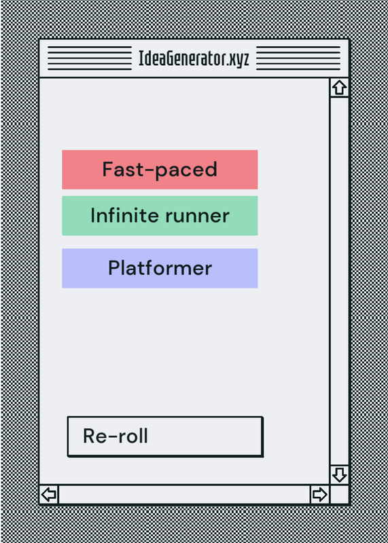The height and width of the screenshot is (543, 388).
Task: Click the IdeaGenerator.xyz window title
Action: [x=194, y=58]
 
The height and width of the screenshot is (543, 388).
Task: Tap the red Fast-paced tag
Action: [x=160, y=170]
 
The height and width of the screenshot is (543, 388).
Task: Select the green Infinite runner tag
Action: [x=160, y=216]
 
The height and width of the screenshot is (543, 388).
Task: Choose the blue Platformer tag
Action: [x=160, y=268]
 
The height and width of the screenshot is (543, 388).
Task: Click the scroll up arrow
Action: [x=339, y=88]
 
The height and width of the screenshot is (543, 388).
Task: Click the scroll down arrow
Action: [x=339, y=474]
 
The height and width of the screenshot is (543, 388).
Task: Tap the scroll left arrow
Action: [x=49, y=495]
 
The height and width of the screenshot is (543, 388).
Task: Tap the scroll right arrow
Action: [x=319, y=495]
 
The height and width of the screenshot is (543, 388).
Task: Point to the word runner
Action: [x=197, y=216]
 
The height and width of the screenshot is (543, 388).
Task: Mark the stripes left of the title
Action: [x=90, y=58]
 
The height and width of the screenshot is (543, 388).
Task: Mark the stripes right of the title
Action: [x=298, y=58]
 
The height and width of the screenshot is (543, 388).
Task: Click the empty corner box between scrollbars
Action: [x=339, y=495]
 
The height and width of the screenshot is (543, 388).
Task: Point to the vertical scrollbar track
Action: [x=339, y=281]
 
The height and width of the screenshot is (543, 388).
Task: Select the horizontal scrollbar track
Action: [x=184, y=495]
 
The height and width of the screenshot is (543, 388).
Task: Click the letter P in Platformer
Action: [x=114, y=268]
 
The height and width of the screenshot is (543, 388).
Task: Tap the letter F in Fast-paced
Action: [x=108, y=169]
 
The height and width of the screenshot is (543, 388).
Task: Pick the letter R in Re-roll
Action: [x=90, y=436]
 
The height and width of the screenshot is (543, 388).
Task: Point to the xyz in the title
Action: [x=241, y=60]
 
